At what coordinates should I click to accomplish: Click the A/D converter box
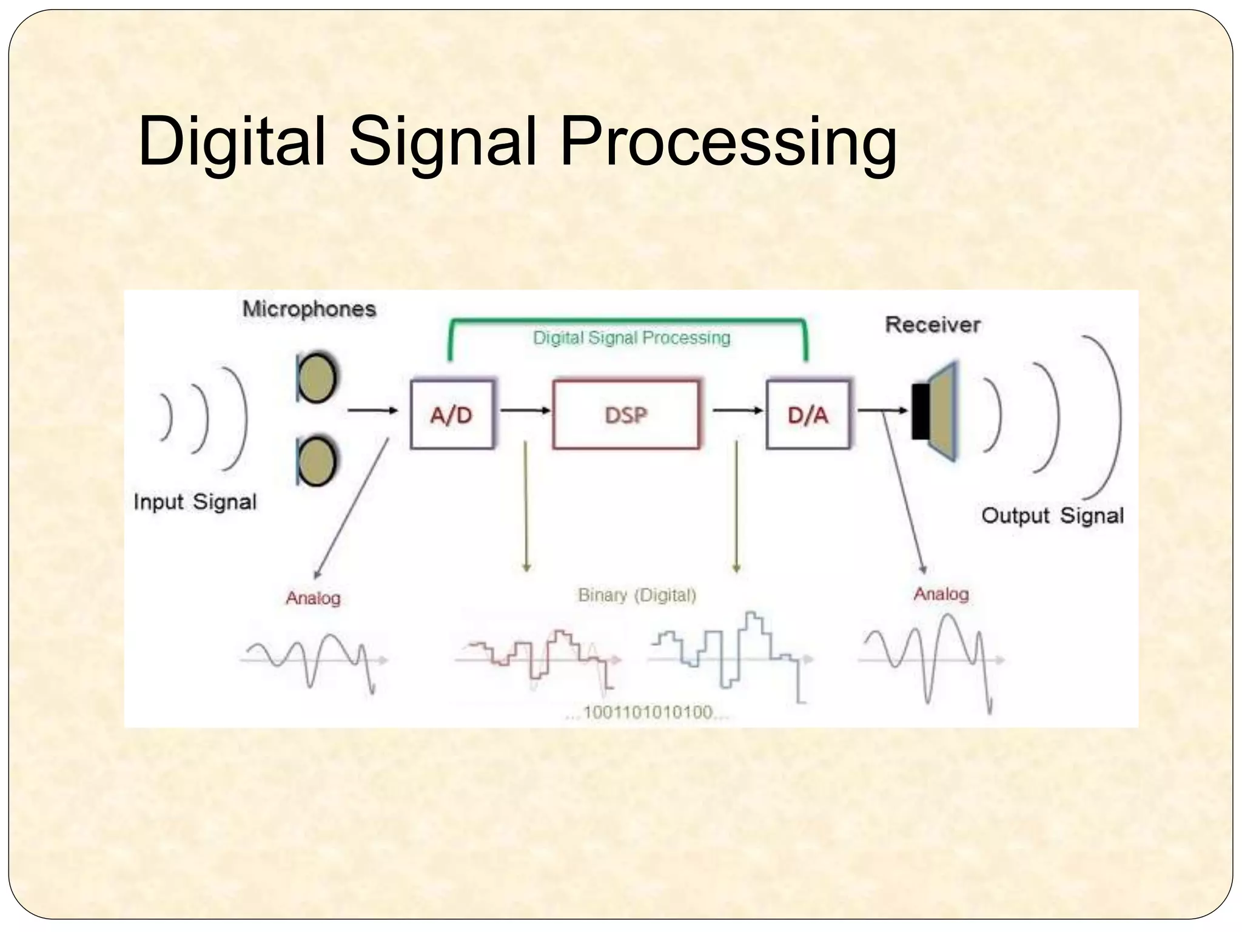(452, 414)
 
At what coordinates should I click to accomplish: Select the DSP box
(626, 414)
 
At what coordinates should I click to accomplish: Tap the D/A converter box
(808, 414)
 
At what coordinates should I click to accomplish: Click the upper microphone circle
(317, 378)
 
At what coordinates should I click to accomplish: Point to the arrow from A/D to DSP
(525, 411)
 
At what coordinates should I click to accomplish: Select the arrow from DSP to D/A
(737, 411)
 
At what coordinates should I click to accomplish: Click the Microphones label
(309, 309)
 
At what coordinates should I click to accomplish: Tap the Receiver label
(933, 325)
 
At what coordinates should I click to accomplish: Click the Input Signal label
(195, 502)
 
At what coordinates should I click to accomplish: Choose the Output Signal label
(1052, 515)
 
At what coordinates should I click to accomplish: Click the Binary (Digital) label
(637, 595)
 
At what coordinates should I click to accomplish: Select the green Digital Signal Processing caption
(631, 337)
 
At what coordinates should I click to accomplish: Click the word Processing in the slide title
(728, 142)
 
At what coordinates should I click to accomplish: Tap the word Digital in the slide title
(232, 142)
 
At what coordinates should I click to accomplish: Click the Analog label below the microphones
(313, 598)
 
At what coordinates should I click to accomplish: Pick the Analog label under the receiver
(941, 593)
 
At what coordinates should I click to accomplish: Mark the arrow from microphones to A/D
(372, 411)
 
